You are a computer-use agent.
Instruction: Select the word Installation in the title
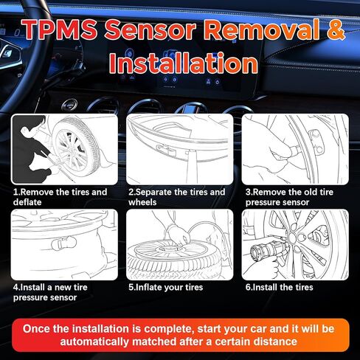[x=179, y=62]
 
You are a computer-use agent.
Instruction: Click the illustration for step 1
[x=64, y=149]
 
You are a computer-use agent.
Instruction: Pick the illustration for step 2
[x=179, y=149]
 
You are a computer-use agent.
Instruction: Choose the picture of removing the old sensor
[x=295, y=149]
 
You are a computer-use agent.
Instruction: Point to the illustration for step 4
[x=64, y=243]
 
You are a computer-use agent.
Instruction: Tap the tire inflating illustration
[x=179, y=243]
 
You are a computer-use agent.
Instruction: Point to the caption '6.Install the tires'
[x=278, y=287]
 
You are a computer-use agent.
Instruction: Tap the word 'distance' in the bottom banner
[x=271, y=342]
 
